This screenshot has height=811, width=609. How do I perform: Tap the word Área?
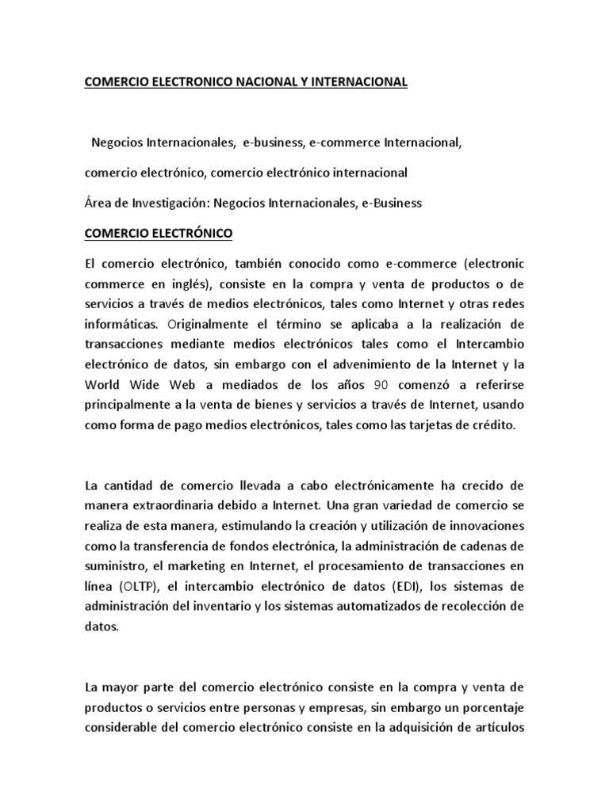[x=98, y=203]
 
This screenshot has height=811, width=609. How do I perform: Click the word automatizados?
[x=367, y=607]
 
